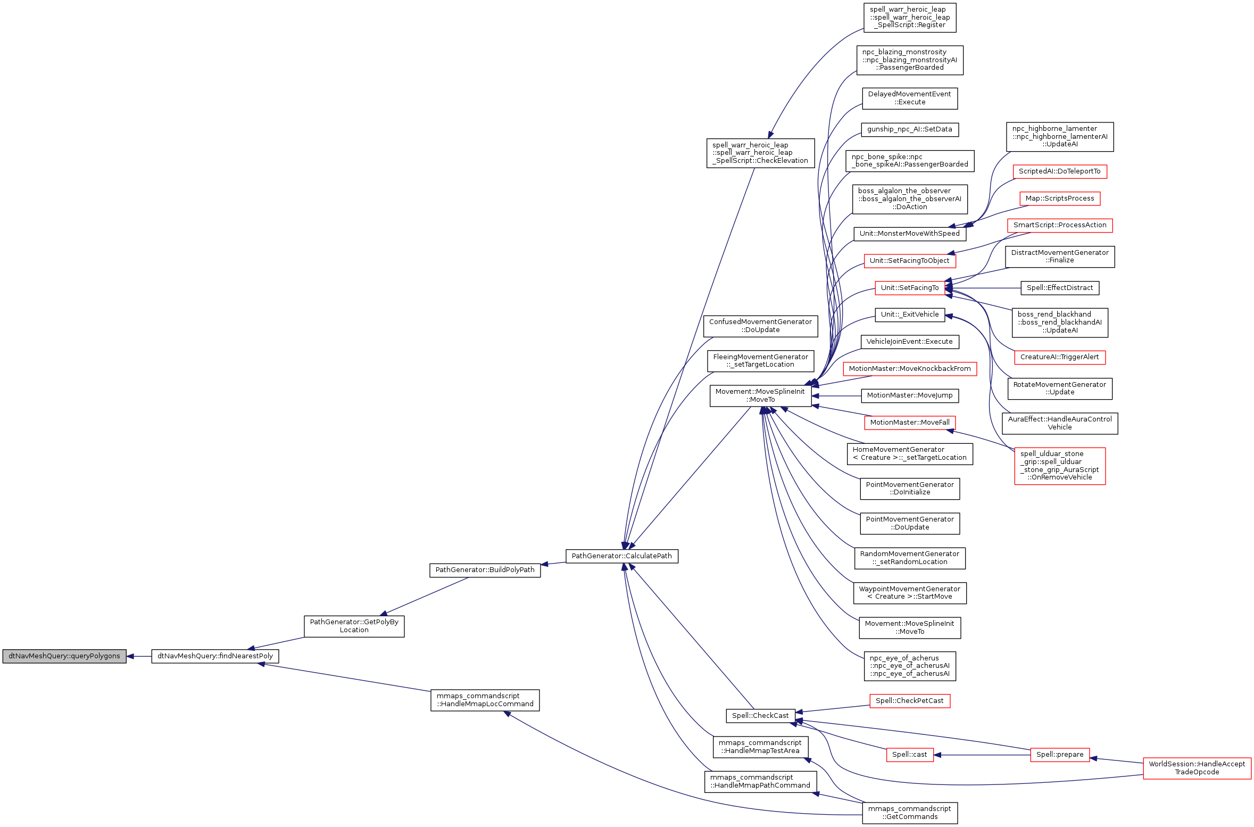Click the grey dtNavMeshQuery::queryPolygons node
pyautogui.click(x=64, y=656)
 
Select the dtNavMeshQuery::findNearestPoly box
pyautogui.click(x=215, y=656)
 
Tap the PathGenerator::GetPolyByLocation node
pyautogui.click(x=354, y=626)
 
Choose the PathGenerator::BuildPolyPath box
pyautogui.click(x=485, y=570)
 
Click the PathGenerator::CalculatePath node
pyautogui.click(x=621, y=556)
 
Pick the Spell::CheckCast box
pyautogui.click(x=760, y=716)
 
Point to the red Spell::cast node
pyautogui.click(x=909, y=755)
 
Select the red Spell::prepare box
pyautogui.click(x=1059, y=755)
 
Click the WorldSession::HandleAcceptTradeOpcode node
pyautogui.click(x=1197, y=768)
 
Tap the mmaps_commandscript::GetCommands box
pyautogui.click(x=909, y=813)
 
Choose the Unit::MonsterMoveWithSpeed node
pyautogui.click(x=909, y=234)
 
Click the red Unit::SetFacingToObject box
pyautogui.click(x=909, y=261)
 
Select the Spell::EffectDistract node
pyautogui.click(x=1059, y=288)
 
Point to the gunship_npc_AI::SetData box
pyautogui.click(x=909, y=129)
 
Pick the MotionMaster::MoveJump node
pyautogui.click(x=909, y=395)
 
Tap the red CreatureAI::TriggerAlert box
pyautogui.click(x=1059, y=357)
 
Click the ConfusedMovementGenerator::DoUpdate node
pyautogui.click(x=760, y=326)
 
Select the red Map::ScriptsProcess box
pyautogui.click(x=1059, y=199)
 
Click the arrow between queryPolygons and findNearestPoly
pyautogui.click(x=139, y=656)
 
